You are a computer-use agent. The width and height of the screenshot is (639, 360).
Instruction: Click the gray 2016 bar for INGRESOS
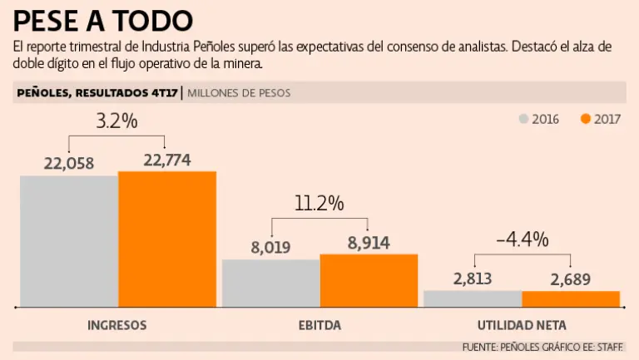(x=69, y=241)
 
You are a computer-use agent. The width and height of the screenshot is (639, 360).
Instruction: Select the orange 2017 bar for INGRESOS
(x=167, y=239)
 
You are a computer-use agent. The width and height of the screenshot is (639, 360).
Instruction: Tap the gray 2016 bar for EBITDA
(x=270, y=283)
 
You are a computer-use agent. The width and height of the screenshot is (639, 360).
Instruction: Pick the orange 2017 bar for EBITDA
(x=369, y=280)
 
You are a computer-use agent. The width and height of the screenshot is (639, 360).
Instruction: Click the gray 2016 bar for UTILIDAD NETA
(x=473, y=298)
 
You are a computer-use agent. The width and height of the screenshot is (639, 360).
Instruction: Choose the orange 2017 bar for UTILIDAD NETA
(x=571, y=298)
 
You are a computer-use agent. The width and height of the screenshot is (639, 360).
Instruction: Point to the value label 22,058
(x=69, y=162)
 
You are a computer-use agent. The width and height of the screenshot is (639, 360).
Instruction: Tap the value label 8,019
(x=270, y=247)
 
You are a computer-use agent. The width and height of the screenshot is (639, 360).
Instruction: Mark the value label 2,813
(x=473, y=279)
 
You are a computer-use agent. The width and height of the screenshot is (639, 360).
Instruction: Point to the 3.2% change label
(x=116, y=121)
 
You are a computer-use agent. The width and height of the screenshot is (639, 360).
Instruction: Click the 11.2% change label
(x=319, y=204)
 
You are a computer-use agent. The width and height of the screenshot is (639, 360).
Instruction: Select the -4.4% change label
(x=522, y=239)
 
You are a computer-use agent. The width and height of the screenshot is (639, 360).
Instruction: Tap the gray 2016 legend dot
(x=523, y=119)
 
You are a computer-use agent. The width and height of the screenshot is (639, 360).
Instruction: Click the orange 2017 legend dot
(x=586, y=119)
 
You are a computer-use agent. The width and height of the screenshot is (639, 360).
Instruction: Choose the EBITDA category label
(x=319, y=325)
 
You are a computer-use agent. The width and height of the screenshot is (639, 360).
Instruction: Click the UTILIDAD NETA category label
(x=522, y=325)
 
